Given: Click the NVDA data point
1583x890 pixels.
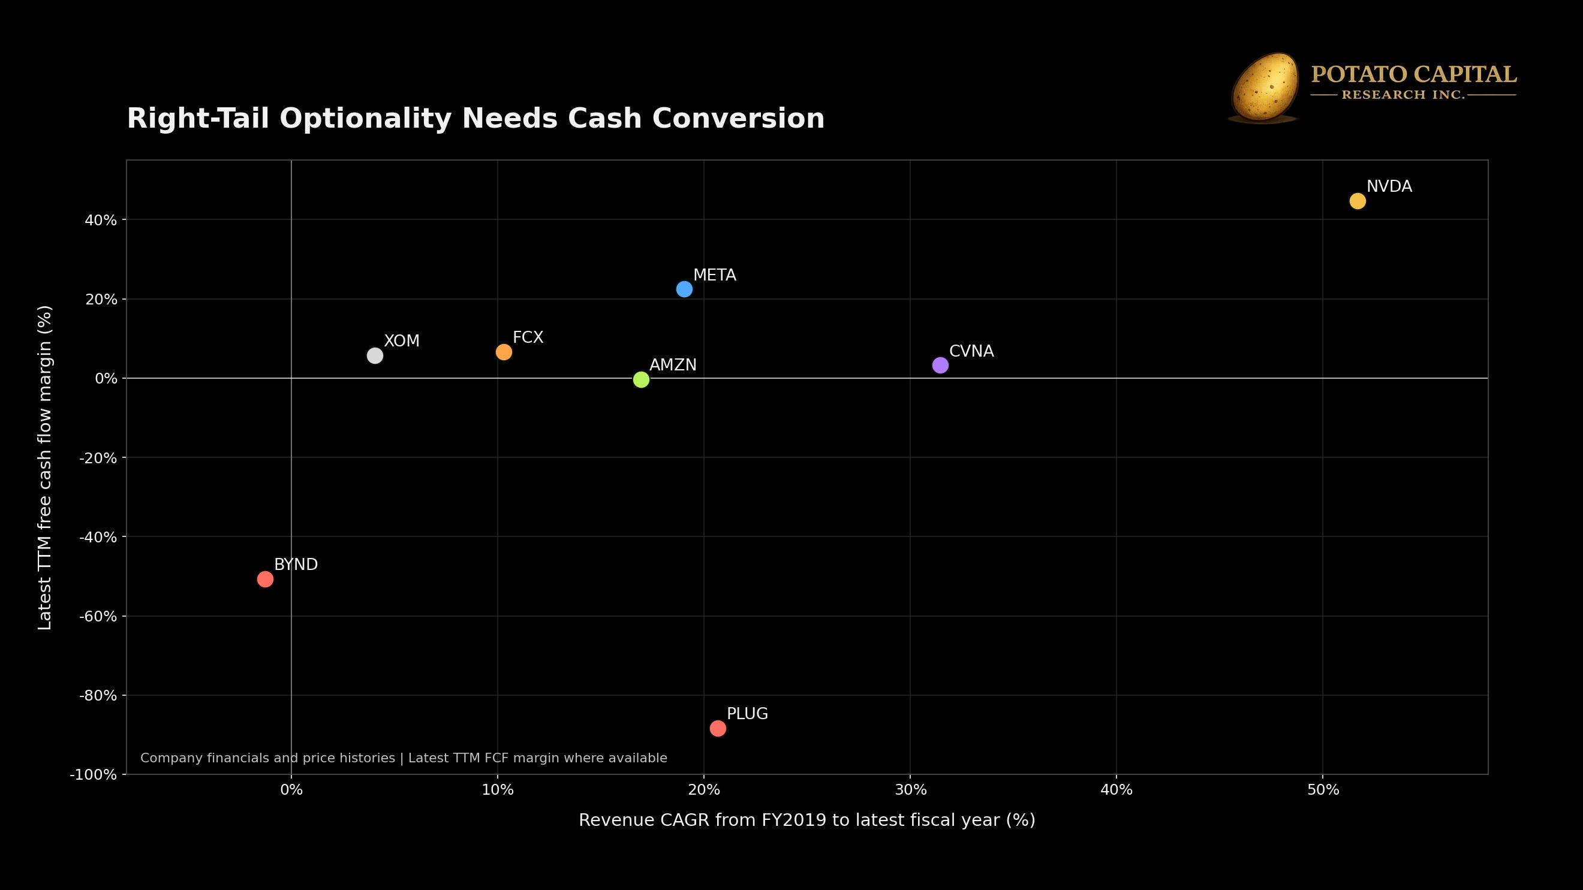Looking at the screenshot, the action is point(1358,201).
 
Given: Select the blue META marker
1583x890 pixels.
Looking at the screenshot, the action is point(684,289).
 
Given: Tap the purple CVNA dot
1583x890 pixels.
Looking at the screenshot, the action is point(940,365).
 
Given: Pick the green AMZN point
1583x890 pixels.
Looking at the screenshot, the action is point(641,379).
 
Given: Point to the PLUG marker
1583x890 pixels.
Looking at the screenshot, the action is point(718,728).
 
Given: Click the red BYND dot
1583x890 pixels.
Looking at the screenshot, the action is point(265,578).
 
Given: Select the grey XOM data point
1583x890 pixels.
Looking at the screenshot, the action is point(375,355).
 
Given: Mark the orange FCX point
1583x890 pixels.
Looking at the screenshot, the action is point(504,352).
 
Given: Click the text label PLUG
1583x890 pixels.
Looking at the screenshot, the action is point(747,714).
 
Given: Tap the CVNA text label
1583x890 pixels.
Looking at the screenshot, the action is point(971,351).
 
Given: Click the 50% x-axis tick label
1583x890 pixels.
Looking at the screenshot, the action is point(1323,790).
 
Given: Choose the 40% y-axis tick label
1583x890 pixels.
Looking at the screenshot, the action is point(101,220).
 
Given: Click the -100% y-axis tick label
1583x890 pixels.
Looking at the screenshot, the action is point(94,774).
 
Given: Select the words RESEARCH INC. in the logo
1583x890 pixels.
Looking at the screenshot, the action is point(1403,95).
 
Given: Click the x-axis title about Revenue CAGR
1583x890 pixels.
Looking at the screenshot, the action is point(807,820).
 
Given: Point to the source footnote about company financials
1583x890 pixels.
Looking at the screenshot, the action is point(404,758).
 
